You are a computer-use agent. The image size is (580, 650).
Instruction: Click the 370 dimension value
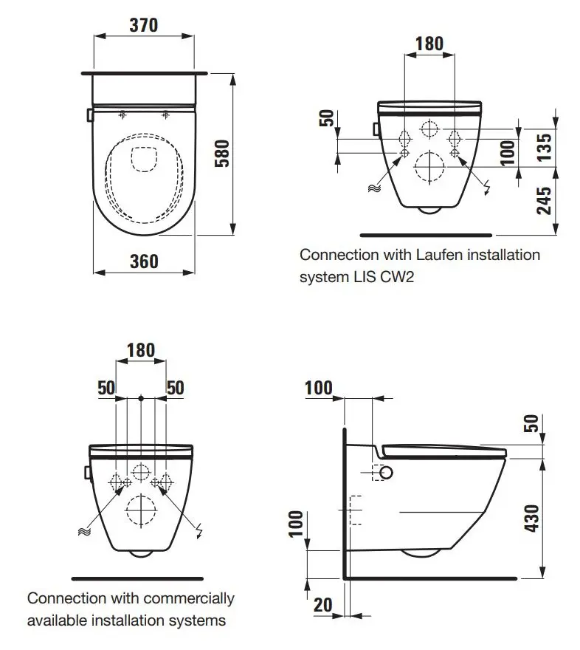pos(144,25)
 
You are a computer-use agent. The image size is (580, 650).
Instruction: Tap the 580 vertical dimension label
pos(222,154)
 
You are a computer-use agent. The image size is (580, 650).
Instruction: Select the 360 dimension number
pos(144,261)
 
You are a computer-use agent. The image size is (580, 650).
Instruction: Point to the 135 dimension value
pos(545,147)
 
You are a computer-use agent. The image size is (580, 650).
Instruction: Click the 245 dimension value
pos(545,201)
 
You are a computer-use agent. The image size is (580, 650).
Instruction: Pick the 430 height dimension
pos(532,519)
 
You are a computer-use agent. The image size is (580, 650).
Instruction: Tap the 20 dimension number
pos(323,605)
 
